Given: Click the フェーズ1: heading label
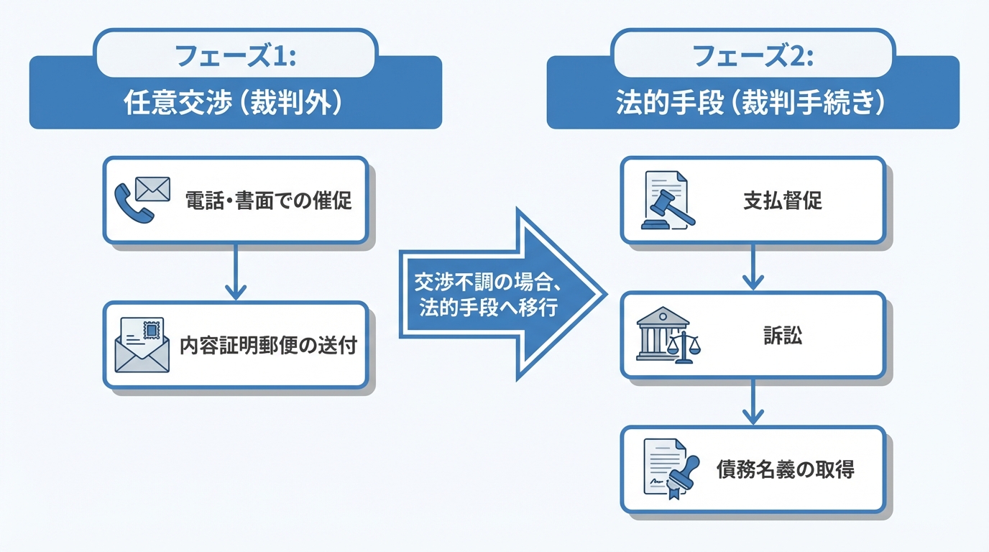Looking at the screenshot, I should click(x=236, y=54).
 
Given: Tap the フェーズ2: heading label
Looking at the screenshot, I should click(x=753, y=54).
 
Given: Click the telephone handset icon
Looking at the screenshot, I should click(x=133, y=203).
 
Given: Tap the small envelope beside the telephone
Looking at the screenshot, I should click(x=152, y=189).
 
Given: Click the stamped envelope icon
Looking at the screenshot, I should click(x=142, y=345).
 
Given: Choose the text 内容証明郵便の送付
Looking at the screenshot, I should click(x=267, y=345).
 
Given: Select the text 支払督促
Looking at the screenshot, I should click(x=782, y=201).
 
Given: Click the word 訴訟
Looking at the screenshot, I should click(x=782, y=336).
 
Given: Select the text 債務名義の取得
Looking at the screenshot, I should click(x=785, y=470).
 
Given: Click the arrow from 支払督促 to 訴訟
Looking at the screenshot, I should click(x=753, y=267).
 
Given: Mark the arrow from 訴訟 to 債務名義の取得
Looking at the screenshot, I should click(x=753, y=402).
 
